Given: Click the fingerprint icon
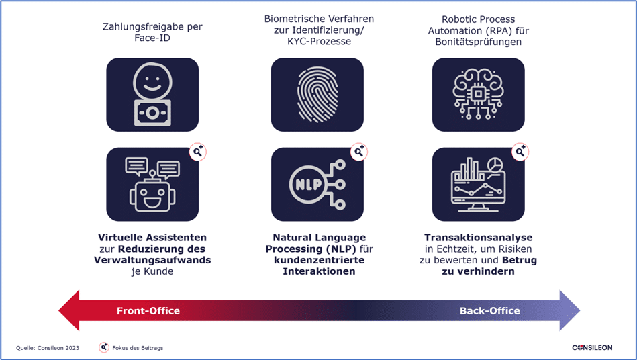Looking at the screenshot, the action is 317,95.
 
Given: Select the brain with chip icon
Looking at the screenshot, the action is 478,94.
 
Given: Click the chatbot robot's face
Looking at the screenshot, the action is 152,197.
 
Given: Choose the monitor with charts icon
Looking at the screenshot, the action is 478,184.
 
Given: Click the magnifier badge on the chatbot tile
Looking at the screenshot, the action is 198,152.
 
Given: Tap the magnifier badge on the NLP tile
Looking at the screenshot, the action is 359,152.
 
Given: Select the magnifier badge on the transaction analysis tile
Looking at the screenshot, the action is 520,152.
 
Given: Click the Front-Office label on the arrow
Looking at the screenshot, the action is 148,311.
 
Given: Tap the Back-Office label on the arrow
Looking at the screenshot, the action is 490,311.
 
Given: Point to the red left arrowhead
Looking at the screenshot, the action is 69,310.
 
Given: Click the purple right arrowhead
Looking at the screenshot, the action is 570,310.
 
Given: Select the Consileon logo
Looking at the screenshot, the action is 592,347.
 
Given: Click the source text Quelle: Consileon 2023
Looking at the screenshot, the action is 48,348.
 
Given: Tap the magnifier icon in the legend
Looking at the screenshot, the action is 104,347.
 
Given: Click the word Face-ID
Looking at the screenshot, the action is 152,38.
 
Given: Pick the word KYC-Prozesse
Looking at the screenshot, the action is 319,42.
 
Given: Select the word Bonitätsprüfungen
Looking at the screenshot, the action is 478,42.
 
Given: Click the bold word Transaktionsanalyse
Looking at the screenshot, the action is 478,238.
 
